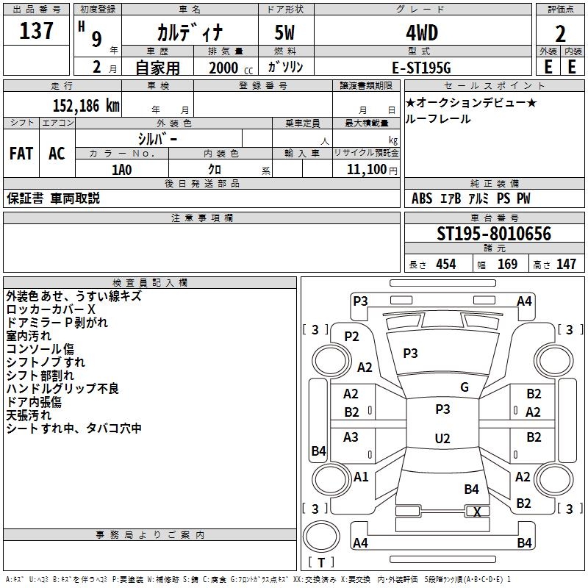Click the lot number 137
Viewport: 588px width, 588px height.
coord(36,30)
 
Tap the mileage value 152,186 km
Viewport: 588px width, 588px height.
coord(86,106)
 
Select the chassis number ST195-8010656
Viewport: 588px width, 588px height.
coord(494,234)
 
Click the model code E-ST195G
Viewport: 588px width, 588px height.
coord(421,68)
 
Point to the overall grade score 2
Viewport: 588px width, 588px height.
coord(560,34)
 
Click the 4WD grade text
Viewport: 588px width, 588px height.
coord(422,33)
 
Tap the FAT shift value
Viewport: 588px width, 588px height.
coord(21,154)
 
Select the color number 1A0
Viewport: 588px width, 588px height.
coord(122,170)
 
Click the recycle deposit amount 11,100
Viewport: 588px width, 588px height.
coord(366,170)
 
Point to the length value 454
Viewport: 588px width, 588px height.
coord(446,264)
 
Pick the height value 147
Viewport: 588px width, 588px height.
coord(566,264)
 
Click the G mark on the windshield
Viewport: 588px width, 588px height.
coord(465,387)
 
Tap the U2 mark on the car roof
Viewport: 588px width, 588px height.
coord(442,438)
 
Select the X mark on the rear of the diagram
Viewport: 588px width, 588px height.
coord(477,512)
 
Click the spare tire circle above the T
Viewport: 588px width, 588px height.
coord(321,537)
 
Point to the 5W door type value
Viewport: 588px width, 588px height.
coord(284,33)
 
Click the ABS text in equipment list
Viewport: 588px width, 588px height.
coord(421,198)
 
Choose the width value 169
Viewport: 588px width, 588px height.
coord(507,264)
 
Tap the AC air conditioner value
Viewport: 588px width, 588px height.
coord(57,154)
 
